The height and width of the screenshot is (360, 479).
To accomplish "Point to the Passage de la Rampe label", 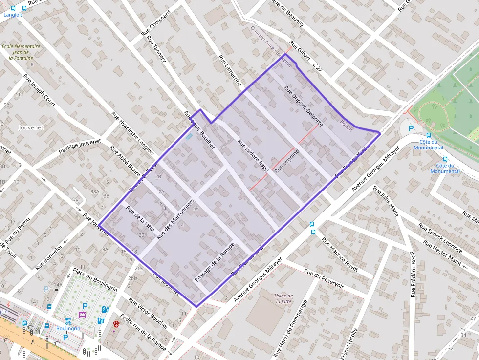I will pyautogui.click(x=215, y=262).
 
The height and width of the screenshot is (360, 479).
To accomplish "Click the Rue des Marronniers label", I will pyautogui.click(x=176, y=219).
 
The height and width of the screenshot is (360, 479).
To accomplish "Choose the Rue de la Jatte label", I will pyautogui.click(x=140, y=218).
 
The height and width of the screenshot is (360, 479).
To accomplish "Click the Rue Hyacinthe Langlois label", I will pyautogui.click(x=132, y=133).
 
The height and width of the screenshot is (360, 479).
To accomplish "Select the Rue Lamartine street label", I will pyautogui.click(x=230, y=71).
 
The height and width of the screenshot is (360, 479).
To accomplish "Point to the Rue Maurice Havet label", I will pyautogui.click(x=340, y=254).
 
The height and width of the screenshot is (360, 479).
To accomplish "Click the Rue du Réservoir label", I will pyautogui.click(x=324, y=278).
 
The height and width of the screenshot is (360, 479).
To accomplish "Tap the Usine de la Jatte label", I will pyautogui.click(x=283, y=298).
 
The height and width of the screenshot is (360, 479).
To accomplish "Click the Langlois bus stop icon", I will pyautogui.click(x=12, y=8).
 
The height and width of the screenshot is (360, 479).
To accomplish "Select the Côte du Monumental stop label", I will pyautogui.click(x=428, y=145).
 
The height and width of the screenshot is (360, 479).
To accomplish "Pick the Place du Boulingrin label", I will pyautogui.click(x=95, y=279).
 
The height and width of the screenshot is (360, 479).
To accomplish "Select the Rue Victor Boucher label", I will pyautogui.click(x=148, y=312).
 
